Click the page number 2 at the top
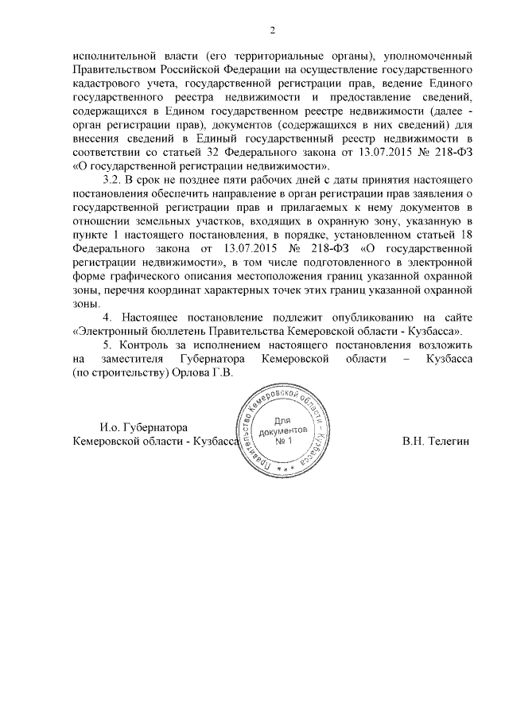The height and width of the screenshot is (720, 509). tap(272, 30)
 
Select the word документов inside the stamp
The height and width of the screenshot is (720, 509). tap(284, 430)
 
